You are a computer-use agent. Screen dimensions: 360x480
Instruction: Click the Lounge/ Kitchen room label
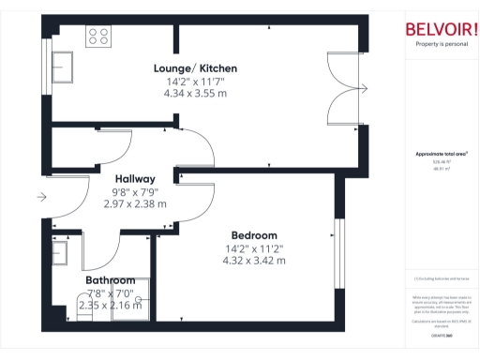[195, 68]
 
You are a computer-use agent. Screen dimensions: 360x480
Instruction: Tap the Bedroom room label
[254, 235]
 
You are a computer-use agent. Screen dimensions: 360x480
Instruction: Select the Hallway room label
[135, 178]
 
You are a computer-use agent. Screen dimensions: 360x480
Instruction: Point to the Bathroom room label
[111, 280]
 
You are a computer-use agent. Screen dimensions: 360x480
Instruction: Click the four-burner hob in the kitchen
[98, 37]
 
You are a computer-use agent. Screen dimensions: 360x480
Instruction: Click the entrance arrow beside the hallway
[40, 197]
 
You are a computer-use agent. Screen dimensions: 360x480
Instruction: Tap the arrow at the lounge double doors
[365, 89]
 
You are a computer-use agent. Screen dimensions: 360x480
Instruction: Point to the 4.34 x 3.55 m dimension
[195, 94]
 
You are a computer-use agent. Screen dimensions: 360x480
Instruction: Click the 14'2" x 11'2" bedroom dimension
[254, 247]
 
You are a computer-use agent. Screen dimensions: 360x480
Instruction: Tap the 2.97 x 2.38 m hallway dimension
[135, 203]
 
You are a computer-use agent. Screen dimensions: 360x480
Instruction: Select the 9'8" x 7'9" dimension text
[135, 191]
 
